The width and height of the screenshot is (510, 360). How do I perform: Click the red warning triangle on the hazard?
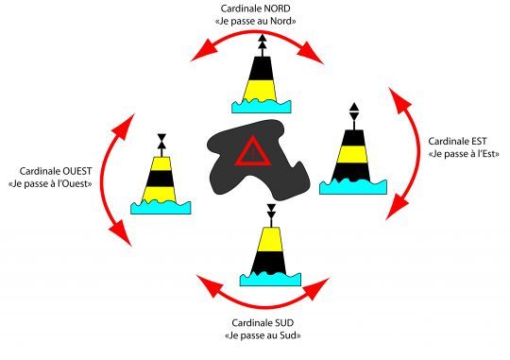coord(253,151)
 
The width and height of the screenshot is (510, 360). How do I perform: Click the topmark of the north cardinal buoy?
coord(263,41)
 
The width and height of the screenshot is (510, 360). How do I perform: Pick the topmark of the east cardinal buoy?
coord(354,112)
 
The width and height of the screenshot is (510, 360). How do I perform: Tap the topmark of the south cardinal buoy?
coord(271,212)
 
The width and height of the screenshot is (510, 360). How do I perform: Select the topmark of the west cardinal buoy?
coord(161,142)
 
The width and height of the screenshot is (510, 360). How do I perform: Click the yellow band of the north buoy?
coord(260,90)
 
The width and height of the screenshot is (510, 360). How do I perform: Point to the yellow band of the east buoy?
coord(352,154)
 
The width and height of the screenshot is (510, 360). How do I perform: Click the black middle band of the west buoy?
coord(161,179)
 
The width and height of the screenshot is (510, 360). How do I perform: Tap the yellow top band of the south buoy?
coord(271,239)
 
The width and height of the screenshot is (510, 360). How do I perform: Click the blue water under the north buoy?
coord(262,107)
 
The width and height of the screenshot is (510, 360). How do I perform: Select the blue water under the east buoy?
coord(353,187)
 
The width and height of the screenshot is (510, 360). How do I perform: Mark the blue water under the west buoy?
coord(161,207)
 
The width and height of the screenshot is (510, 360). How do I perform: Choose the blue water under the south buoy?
coord(270,280)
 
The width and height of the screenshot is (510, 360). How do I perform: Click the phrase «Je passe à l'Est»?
coord(464,154)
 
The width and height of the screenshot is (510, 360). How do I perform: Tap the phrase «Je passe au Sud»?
coord(263,335)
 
